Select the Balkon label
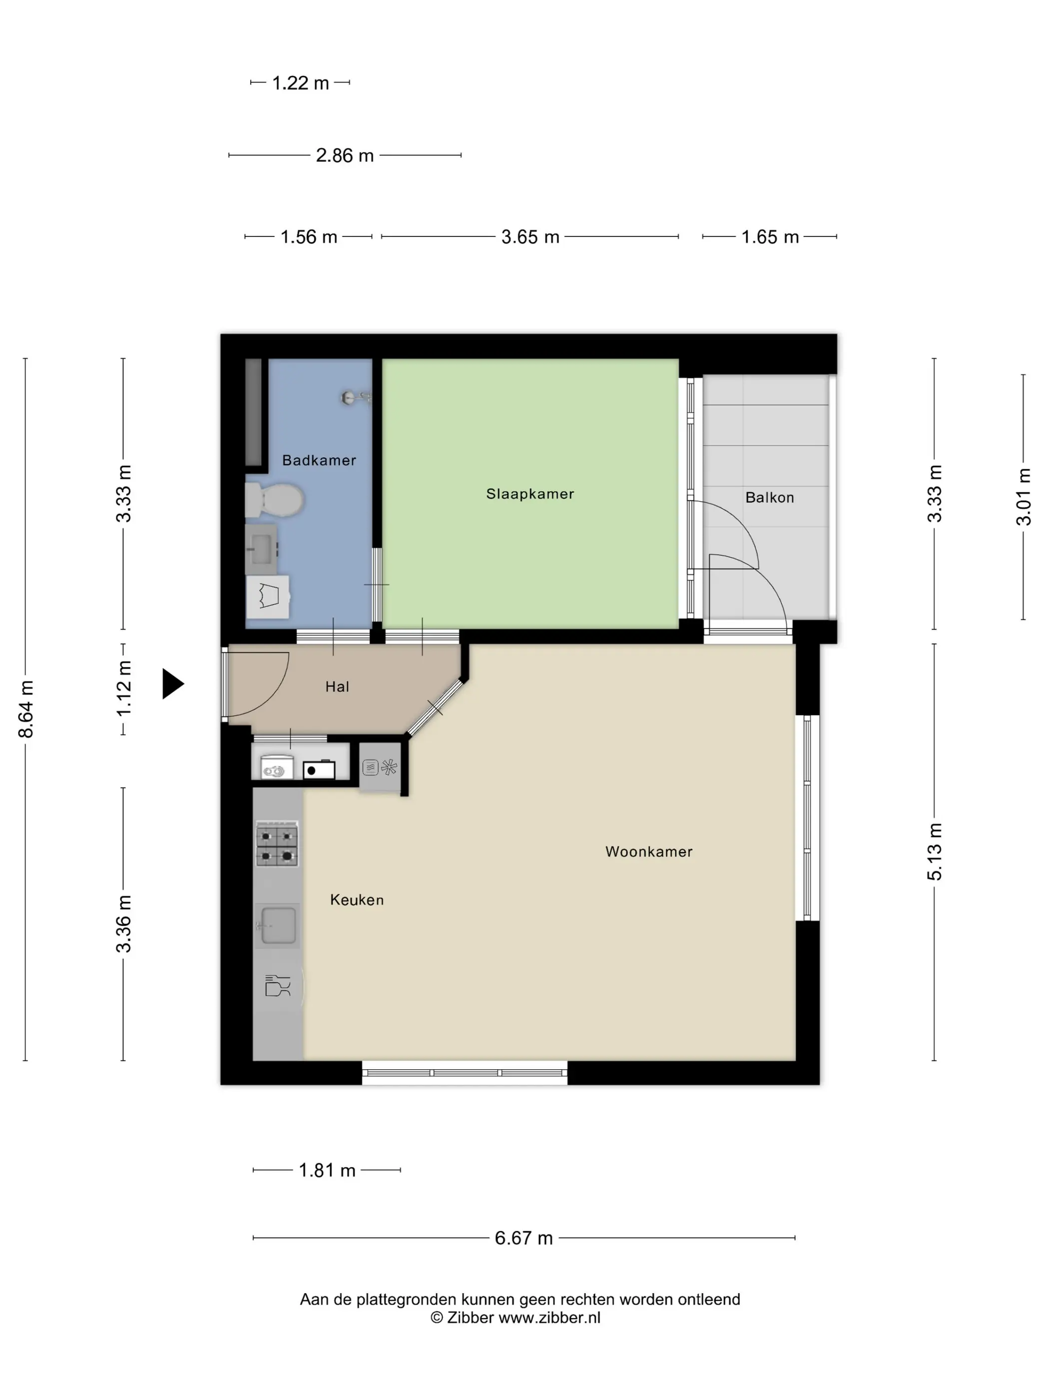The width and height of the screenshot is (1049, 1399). coord(770,497)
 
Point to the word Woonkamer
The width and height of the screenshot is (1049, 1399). coord(649,851)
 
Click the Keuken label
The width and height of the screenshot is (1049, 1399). coord(357,899)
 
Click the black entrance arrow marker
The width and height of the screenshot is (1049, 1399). coord(172,684)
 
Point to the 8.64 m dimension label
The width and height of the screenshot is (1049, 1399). coord(26,709)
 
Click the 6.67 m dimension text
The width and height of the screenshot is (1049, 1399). coord(524,1238)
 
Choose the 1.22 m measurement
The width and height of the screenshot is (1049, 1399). coord(300,83)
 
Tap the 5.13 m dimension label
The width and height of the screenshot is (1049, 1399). coord(935,852)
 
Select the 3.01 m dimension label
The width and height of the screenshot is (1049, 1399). coord(1024,497)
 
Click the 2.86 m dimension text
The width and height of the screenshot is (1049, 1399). coord(345,155)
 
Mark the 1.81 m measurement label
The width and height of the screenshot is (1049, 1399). coord(327,1170)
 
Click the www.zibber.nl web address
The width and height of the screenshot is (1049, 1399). coord(549,1318)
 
